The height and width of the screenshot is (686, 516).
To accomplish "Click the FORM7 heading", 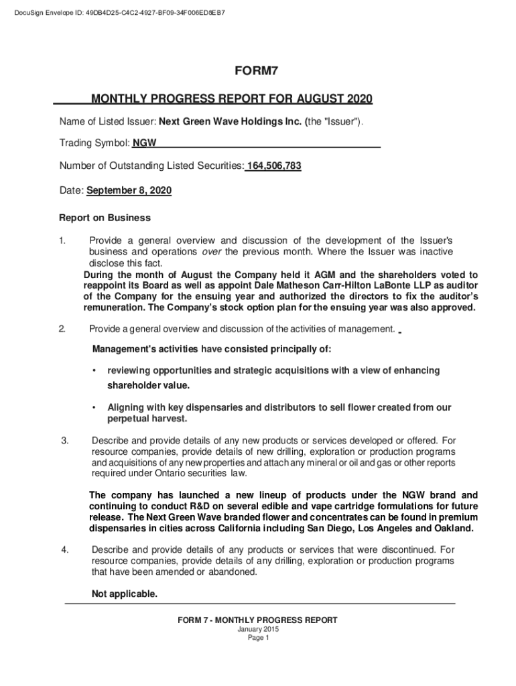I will click(258, 72).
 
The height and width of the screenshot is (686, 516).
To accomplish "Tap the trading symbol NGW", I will click(144, 143).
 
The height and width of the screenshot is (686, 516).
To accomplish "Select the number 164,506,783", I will click(274, 166).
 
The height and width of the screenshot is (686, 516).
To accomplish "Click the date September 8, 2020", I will click(129, 191).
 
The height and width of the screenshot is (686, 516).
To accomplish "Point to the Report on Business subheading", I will click(105, 218).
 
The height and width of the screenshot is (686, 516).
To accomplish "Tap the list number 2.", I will click(62, 329).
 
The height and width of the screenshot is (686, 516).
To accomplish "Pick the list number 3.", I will click(65, 440).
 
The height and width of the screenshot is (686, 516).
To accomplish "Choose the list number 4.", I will click(65, 550).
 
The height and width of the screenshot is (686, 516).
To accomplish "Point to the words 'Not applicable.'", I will click(124, 594).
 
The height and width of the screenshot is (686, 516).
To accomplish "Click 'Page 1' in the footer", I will click(258, 638).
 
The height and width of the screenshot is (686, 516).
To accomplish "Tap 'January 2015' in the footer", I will click(258, 630).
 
